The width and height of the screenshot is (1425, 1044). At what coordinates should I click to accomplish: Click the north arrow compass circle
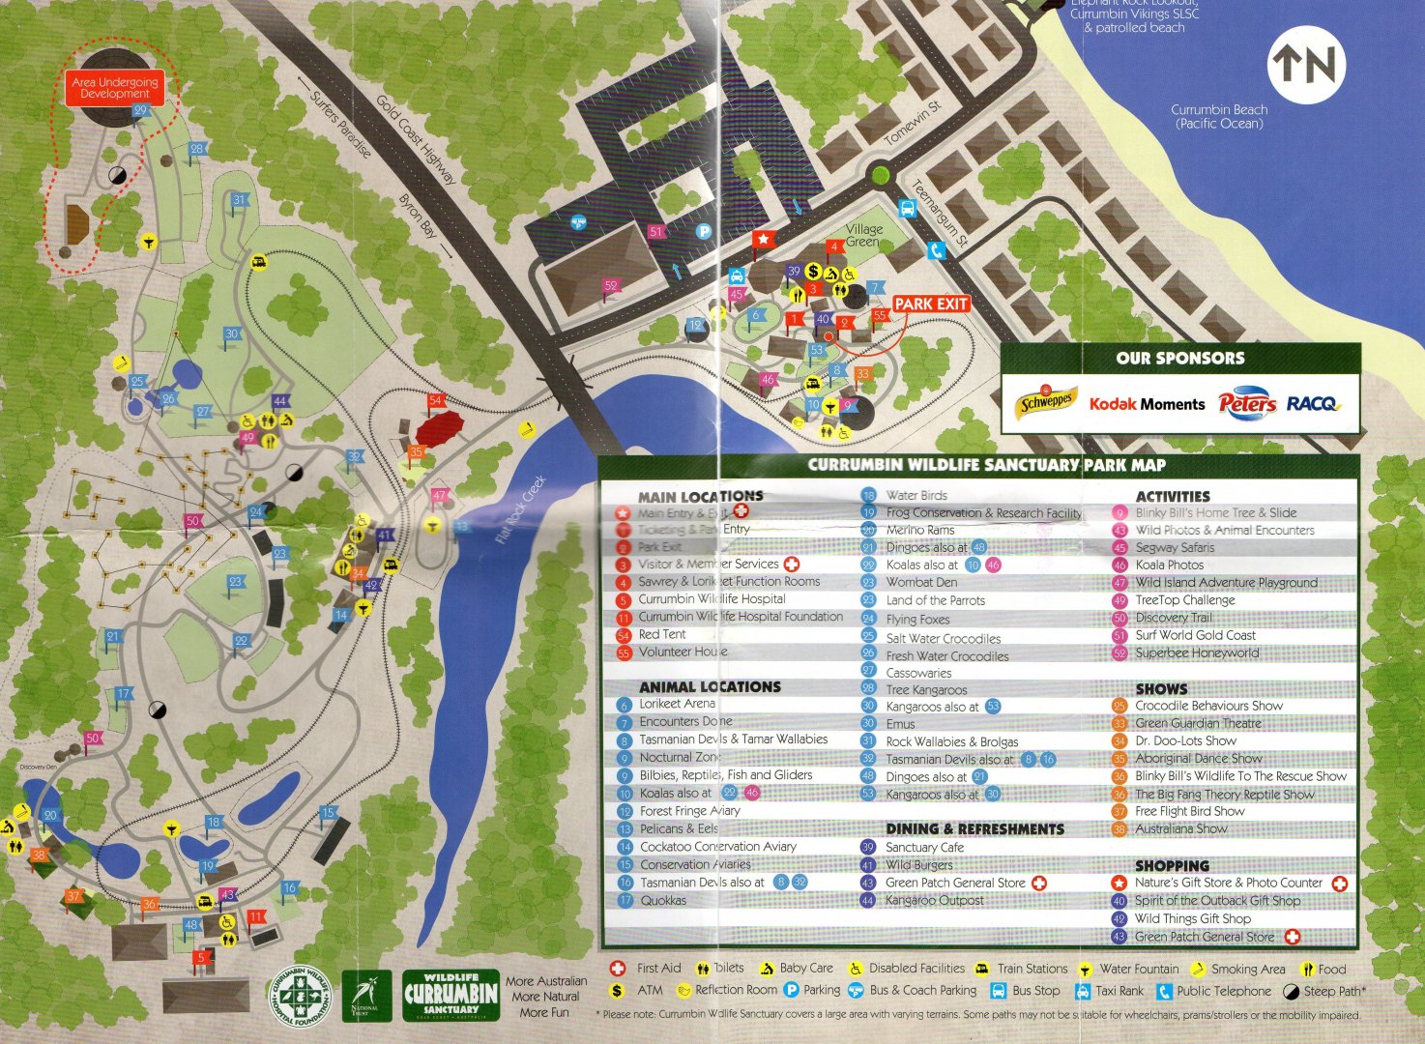click(1306, 65)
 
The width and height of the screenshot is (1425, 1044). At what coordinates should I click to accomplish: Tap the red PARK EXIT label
click(930, 304)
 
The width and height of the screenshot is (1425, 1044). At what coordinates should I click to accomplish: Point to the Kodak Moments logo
click(1147, 404)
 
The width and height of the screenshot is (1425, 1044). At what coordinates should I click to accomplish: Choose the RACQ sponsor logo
click(1312, 403)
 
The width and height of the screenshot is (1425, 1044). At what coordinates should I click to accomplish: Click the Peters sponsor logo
click(1246, 403)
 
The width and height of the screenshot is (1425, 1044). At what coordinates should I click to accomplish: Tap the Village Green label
click(863, 235)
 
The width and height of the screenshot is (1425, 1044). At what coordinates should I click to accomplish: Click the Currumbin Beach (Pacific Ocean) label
click(1218, 116)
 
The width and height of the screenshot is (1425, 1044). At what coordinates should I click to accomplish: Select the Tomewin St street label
click(912, 123)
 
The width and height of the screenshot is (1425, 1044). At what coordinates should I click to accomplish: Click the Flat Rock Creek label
click(520, 508)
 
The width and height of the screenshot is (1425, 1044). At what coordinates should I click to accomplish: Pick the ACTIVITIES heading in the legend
click(1172, 496)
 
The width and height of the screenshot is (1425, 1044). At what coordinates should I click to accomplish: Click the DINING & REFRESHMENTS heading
click(974, 828)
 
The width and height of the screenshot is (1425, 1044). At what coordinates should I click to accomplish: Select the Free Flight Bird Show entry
click(1189, 811)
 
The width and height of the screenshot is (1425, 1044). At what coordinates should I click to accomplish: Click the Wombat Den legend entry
click(920, 582)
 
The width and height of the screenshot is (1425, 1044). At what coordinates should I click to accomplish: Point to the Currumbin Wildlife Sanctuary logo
click(451, 995)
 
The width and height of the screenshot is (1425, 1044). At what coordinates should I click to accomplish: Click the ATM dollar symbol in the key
click(617, 991)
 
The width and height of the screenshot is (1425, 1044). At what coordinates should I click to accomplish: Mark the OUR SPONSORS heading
click(1179, 358)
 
